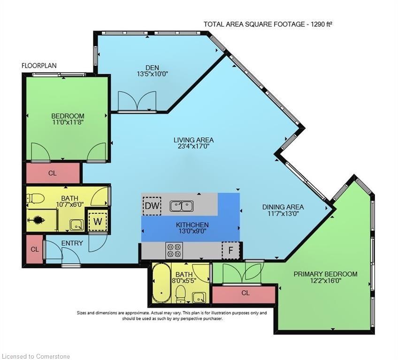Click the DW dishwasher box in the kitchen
click(152, 206)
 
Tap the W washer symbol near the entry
click(98, 221)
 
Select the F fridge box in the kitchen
click(230, 250)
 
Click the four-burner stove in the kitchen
click(174, 250)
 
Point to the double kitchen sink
click(182, 206)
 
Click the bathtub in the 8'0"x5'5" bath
click(161, 283)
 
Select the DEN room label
click(152, 67)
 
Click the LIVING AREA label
click(194, 140)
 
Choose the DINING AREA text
click(283, 207)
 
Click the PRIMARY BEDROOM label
click(325, 274)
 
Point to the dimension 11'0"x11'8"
click(68, 122)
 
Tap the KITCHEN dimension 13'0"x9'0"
click(192, 231)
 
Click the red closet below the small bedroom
click(53, 173)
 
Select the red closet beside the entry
click(35, 249)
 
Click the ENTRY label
click(72, 243)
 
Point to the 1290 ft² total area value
click(321, 24)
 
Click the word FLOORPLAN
click(39, 66)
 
